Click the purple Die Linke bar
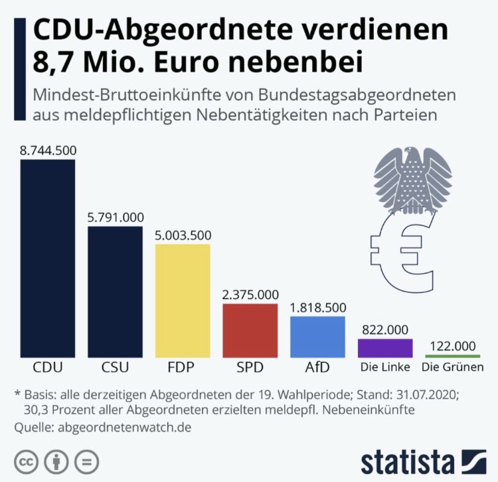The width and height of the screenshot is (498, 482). (x=386, y=348)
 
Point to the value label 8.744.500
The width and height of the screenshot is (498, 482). (x=48, y=151)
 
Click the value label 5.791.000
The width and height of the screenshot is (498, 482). (x=116, y=217)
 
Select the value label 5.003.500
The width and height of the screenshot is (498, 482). (x=183, y=235)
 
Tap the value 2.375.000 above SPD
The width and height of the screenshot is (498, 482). (x=250, y=294)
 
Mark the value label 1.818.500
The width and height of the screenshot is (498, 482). (x=318, y=307)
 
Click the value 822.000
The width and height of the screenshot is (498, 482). (x=386, y=329)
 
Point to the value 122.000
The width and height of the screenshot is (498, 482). (x=454, y=346)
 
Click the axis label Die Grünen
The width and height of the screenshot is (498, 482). (x=454, y=367)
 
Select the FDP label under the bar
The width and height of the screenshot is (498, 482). (x=183, y=367)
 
